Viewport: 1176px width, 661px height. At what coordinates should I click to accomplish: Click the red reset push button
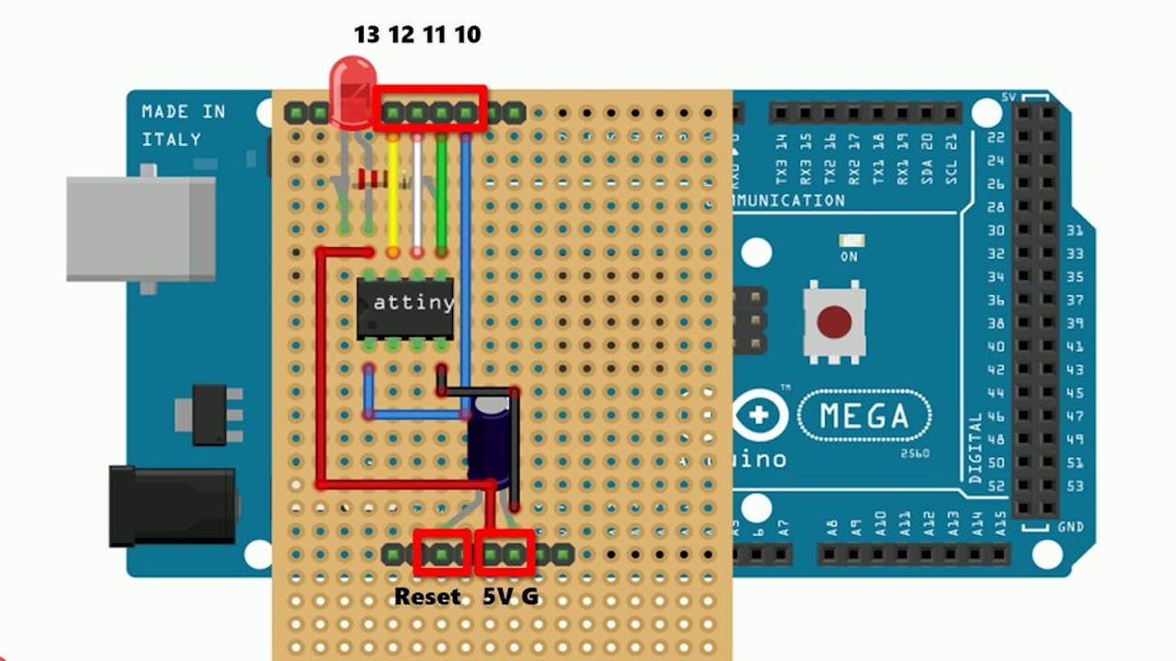click(x=834, y=321)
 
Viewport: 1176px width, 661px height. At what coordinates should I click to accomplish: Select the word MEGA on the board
click(x=865, y=416)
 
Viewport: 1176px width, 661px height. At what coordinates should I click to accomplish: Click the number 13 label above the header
click(x=367, y=35)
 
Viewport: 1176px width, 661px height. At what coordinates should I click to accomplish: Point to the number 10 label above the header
click(x=467, y=35)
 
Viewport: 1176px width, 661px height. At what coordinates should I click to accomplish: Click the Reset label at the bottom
click(x=427, y=597)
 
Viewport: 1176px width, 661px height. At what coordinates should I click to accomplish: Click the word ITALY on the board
click(x=171, y=140)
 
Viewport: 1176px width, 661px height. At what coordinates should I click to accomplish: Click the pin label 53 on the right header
click(x=1075, y=486)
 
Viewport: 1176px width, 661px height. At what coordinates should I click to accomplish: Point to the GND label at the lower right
click(x=1069, y=527)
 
